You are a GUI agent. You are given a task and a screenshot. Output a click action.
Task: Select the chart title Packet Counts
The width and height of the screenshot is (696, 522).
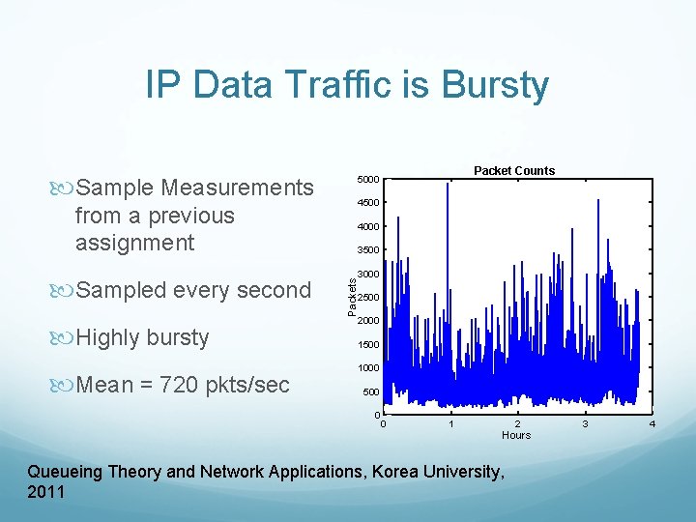pos(514,171)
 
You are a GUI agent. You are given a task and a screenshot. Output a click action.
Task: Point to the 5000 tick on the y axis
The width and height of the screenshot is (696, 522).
pos(367,180)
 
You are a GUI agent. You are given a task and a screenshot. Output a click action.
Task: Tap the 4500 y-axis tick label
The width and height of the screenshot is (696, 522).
pos(367,203)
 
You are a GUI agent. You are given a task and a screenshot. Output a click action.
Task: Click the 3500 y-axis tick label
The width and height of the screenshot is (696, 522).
pos(367,250)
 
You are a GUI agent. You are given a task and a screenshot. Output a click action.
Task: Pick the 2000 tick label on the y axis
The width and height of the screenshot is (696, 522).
pos(367,321)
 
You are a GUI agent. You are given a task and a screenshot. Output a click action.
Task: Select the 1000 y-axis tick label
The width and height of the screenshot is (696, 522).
pos(367,368)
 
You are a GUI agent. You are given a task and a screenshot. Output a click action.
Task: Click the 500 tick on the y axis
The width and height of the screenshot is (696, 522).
pos(369,392)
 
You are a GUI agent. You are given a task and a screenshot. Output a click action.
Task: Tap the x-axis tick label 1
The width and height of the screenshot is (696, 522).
pos(449,423)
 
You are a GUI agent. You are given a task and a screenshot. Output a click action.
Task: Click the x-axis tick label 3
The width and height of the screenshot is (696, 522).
pos(584,423)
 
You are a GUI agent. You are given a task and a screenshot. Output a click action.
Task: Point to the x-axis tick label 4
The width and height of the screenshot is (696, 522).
pos(652,423)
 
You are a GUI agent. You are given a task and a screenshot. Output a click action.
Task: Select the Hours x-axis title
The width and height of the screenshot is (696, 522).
pos(516,435)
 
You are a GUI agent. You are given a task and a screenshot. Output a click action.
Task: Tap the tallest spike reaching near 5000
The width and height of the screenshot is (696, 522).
pos(448,188)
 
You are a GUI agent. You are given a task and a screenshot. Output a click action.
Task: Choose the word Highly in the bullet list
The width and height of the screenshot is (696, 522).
pos(108,337)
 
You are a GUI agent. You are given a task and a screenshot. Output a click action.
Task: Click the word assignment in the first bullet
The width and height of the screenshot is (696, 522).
pos(134,242)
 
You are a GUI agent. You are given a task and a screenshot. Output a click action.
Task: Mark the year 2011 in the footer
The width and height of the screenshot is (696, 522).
pos(46,492)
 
